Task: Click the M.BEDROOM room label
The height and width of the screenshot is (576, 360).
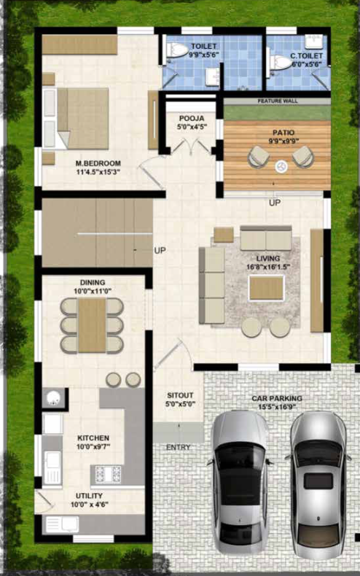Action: click(x=97, y=163)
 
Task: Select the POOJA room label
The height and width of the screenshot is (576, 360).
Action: click(x=192, y=117)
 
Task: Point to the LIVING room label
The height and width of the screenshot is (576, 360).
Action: click(x=267, y=259)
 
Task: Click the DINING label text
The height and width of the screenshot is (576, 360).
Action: click(x=92, y=282)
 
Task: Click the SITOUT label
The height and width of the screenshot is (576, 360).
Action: click(x=179, y=395)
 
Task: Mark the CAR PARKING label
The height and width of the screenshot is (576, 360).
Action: click(x=277, y=398)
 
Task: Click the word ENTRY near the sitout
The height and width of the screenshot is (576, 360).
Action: click(x=178, y=447)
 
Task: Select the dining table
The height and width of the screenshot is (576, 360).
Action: click(x=92, y=325)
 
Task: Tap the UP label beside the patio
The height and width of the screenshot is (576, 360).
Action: click(x=274, y=203)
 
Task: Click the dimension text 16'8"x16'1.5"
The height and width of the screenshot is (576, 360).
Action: click(x=267, y=268)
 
